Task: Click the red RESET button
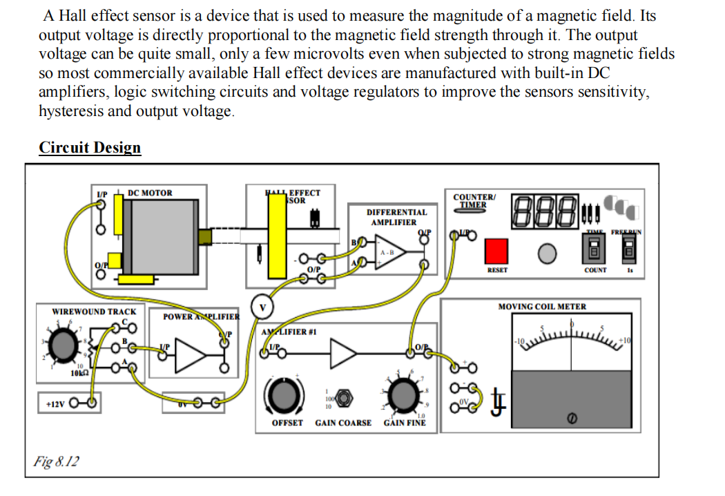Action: pyautogui.click(x=496, y=251)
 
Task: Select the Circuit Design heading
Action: pyautogui.click(x=90, y=148)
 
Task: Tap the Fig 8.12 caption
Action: pyautogui.click(x=56, y=461)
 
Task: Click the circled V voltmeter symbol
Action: pyautogui.click(x=262, y=304)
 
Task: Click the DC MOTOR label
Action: pyautogui.click(x=150, y=193)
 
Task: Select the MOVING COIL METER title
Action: pyautogui.click(x=542, y=307)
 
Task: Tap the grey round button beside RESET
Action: pyautogui.click(x=547, y=254)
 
